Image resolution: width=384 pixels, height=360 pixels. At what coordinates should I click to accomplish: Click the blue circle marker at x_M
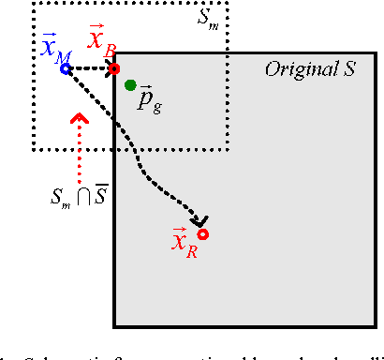65,68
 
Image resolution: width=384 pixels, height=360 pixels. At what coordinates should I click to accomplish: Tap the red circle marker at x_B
113,68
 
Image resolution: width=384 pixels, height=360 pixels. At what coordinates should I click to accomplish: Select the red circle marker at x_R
201,234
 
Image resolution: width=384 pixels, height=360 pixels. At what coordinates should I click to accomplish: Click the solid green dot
130,85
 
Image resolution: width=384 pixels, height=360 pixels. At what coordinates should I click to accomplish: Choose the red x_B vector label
101,40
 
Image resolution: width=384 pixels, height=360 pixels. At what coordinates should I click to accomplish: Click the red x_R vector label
184,244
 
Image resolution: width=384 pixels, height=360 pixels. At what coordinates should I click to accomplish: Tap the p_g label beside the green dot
148,101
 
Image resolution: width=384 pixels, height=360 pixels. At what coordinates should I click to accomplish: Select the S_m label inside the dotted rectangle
210,18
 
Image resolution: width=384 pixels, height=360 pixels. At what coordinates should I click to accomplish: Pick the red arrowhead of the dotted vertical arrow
80,119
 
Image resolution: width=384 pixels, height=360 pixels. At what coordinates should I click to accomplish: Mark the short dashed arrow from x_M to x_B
89,68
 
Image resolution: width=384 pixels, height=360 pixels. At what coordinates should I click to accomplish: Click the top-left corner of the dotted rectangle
33,3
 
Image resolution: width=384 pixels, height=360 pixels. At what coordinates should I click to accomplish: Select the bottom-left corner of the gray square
114,326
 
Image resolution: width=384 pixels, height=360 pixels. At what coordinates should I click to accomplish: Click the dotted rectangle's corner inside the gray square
229,149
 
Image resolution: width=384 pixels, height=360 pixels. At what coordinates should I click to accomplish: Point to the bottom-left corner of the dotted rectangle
33,149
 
